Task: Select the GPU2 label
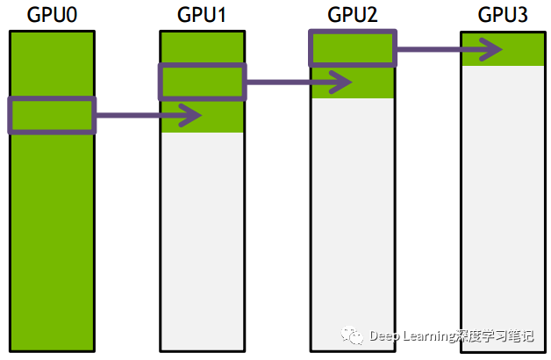[x=352, y=15]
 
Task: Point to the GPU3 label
[x=502, y=15]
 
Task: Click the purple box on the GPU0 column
[x=51, y=115]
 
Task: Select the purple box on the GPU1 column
[x=202, y=82]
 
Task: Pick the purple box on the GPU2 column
[x=352, y=47]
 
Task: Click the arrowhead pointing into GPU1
[x=192, y=115]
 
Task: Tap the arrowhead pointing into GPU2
[x=343, y=82]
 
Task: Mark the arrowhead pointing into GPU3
[x=493, y=49]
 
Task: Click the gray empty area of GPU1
[x=201, y=237]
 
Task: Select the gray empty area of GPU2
[x=352, y=220]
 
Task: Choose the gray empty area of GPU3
[x=502, y=202]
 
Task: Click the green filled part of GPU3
[x=502, y=54]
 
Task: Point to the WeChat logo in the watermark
[x=353, y=335]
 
